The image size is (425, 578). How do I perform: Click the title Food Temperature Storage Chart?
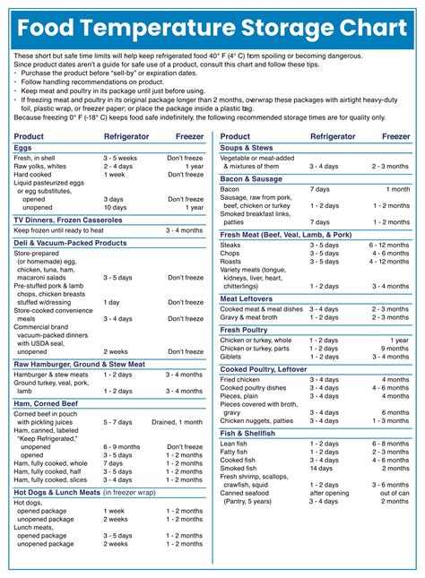[212, 24]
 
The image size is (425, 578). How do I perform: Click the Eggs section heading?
[23, 147]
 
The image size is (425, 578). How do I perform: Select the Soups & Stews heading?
[247, 147]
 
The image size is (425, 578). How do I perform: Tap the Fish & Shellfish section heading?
[248, 433]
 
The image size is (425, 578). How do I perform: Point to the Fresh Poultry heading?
[244, 330]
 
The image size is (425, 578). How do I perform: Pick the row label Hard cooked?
[33, 175]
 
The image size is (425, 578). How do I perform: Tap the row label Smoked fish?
[239, 468]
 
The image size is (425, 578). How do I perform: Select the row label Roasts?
[231, 262]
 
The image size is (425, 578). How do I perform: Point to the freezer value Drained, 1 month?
[178, 421]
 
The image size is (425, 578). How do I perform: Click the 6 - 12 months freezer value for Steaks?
[390, 245]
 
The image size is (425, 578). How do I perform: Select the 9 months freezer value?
[395, 349]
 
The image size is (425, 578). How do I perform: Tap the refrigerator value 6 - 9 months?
[121, 446]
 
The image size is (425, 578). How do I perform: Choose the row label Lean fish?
[234, 444]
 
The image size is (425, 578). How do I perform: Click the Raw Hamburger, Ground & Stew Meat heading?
[79, 364]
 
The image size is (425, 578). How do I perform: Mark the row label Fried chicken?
[241, 379]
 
